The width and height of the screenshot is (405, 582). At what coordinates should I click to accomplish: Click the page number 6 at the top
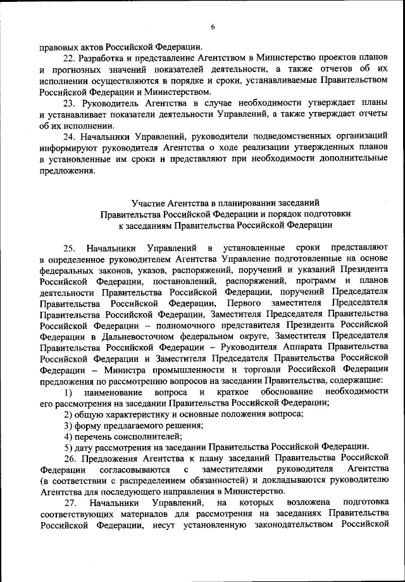[213, 26]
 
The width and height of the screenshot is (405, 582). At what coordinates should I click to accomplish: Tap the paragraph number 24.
[71, 136]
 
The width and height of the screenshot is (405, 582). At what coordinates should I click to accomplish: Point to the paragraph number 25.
[71, 248]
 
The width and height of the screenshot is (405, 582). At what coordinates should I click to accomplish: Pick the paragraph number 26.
[71, 457]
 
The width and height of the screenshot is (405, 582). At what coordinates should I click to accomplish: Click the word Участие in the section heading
[149, 202]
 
